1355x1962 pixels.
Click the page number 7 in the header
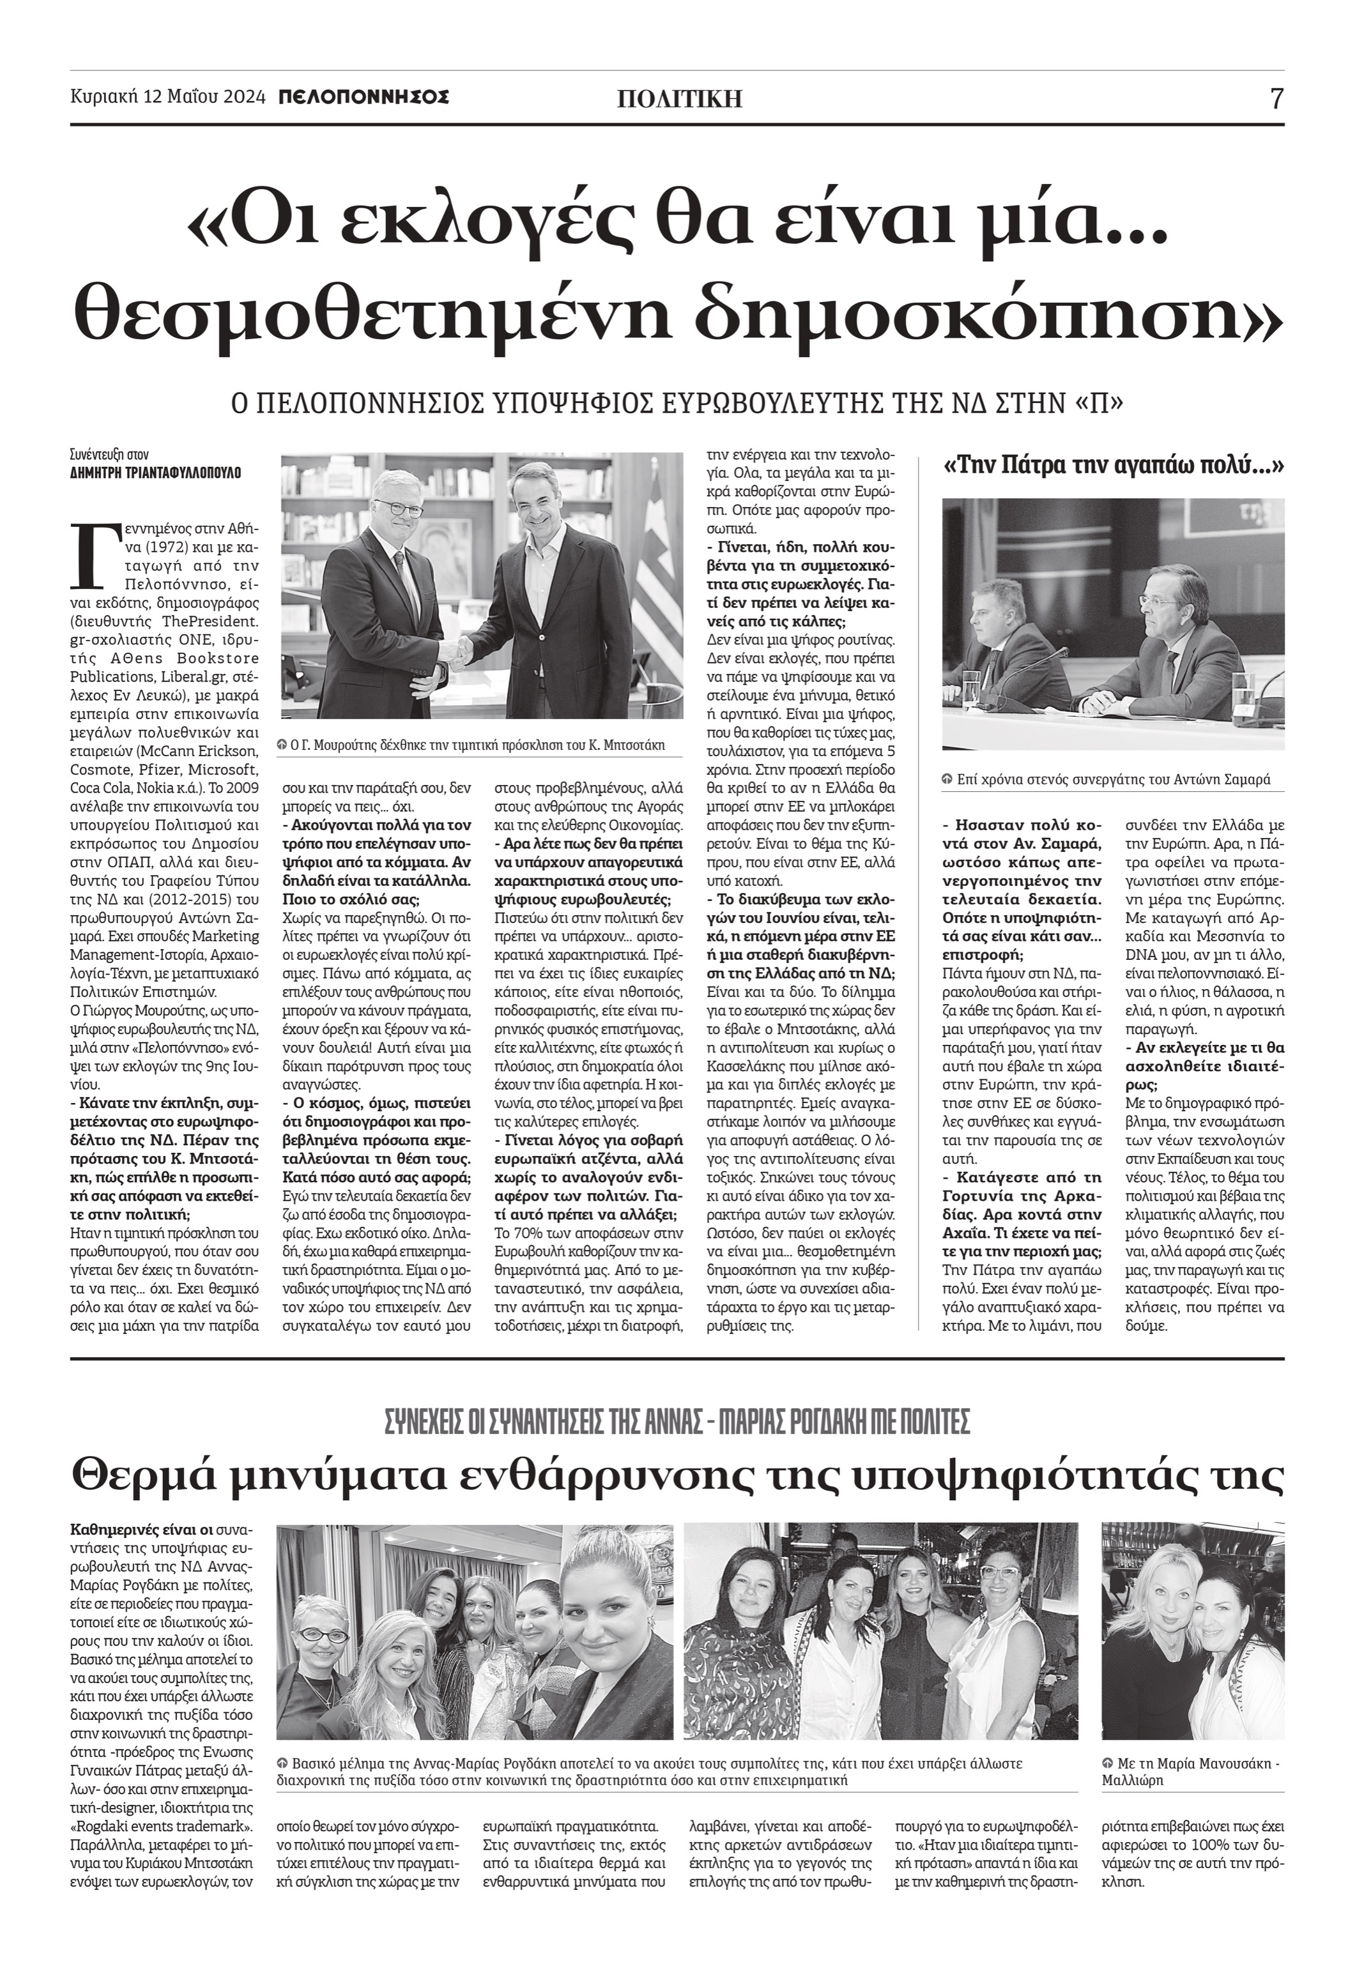click(x=1276, y=99)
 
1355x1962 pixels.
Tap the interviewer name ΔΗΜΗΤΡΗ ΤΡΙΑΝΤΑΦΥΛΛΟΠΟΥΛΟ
click(x=155, y=473)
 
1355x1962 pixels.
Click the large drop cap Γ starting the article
click(x=90, y=556)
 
